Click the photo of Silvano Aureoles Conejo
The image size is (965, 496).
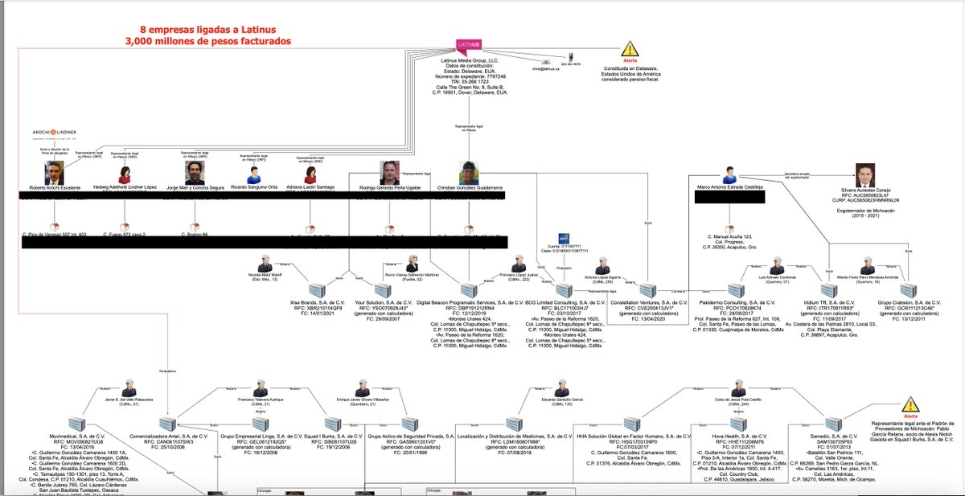coord(863,174)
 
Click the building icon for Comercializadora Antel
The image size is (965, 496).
coord(169,424)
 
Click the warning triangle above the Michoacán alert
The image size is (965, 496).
coord(910,405)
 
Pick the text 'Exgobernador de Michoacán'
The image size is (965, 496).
coord(864,215)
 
